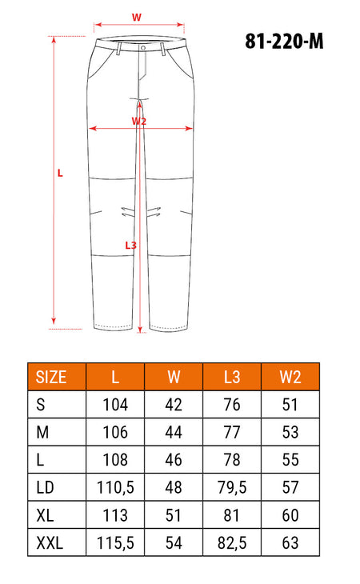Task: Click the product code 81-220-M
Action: pos(284,41)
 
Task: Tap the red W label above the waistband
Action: pos(137,17)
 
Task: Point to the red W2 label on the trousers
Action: pos(139,121)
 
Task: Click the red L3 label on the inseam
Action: pos(130,245)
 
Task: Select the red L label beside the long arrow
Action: pos(60,173)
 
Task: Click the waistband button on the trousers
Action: pos(143,47)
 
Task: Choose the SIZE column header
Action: pos(51,377)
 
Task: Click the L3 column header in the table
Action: pos(231,377)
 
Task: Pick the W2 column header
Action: pos(290,377)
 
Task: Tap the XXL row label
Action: pos(50,542)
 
